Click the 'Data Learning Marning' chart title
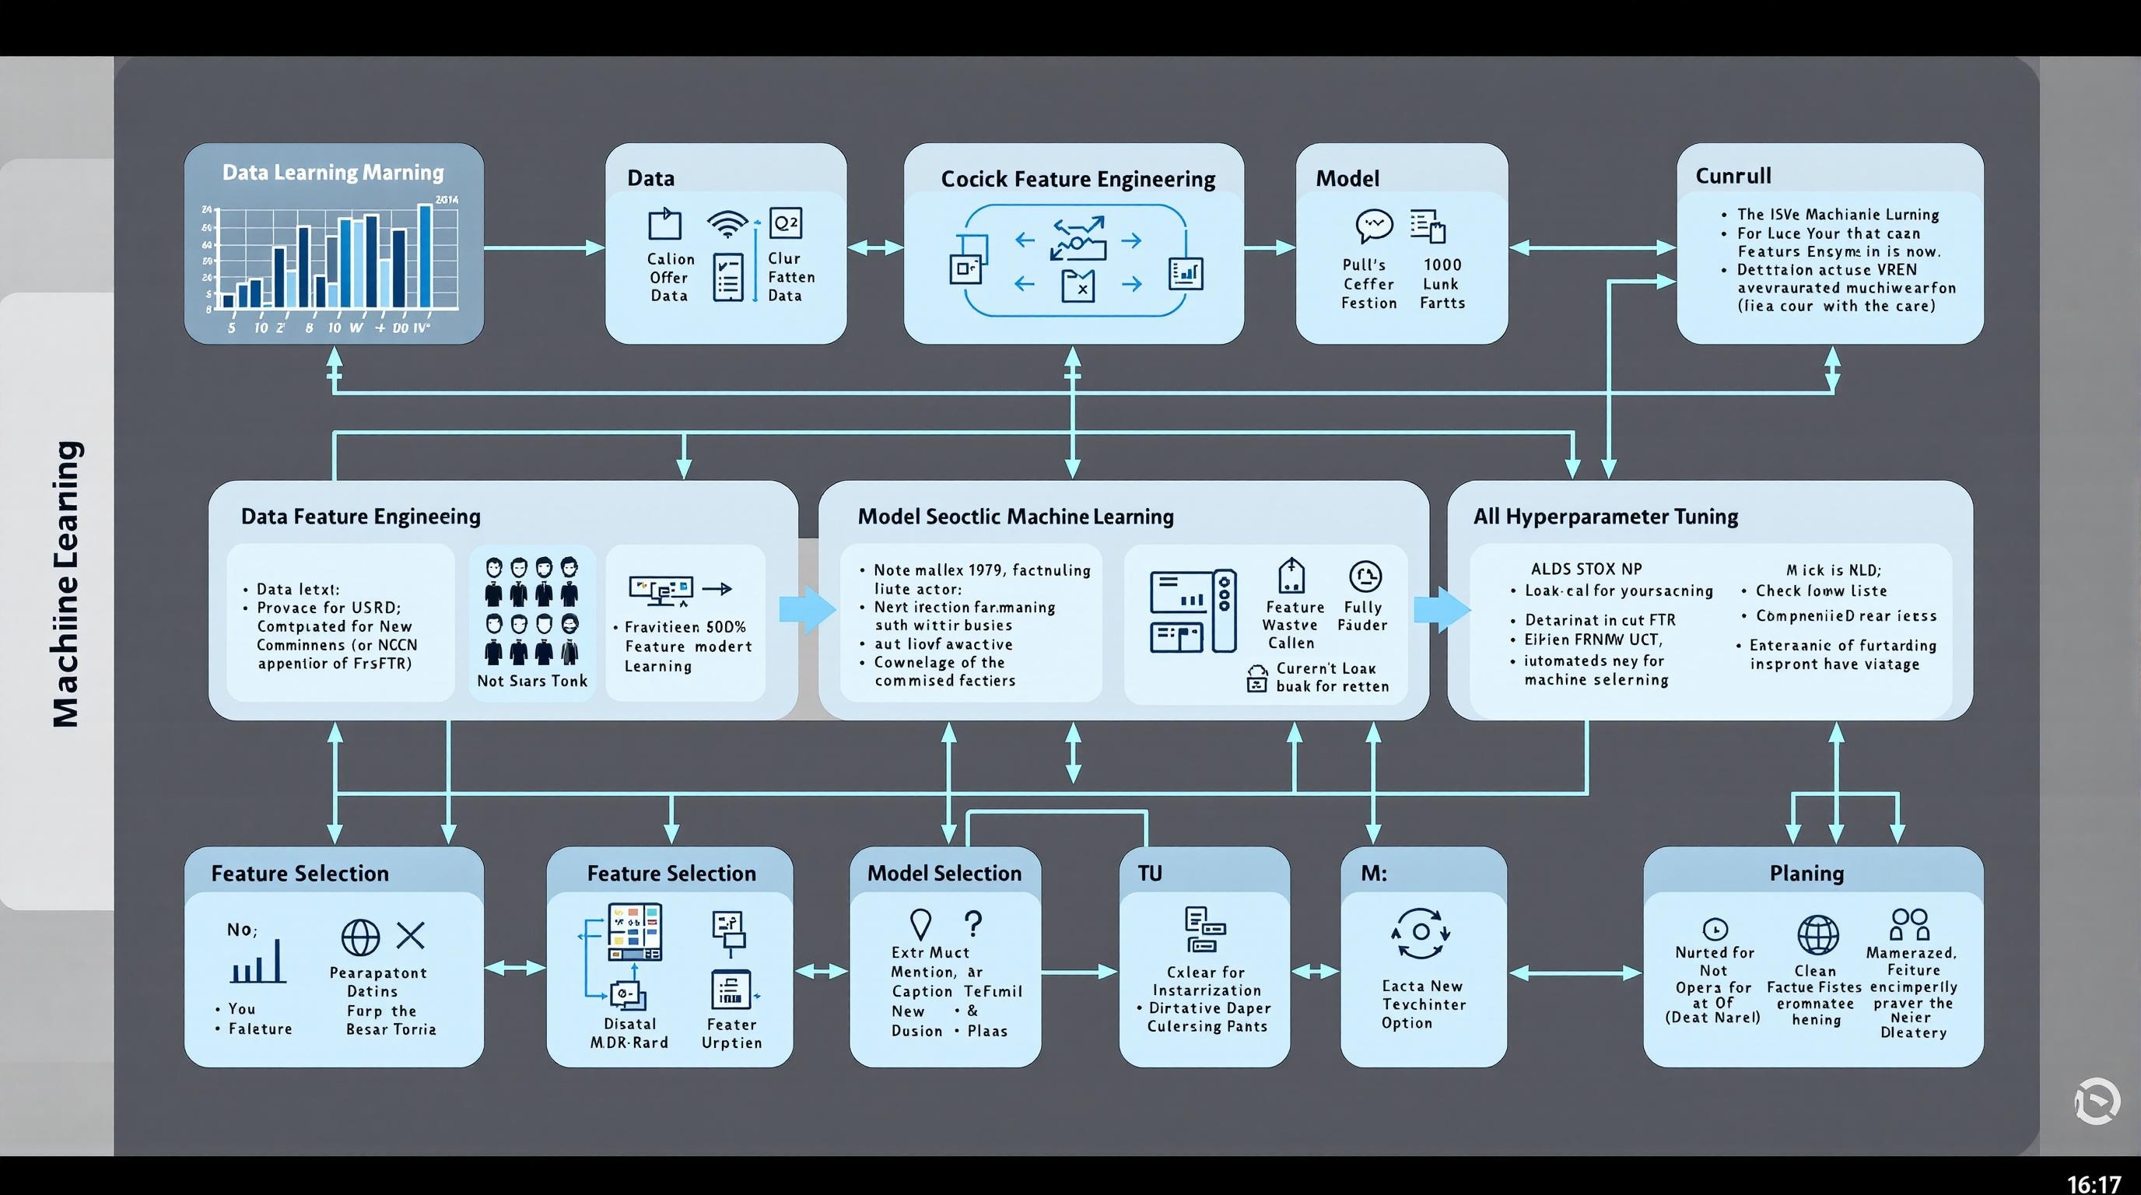click(x=332, y=172)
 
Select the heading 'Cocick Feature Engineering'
click(x=1078, y=179)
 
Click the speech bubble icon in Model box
click(x=1373, y=224)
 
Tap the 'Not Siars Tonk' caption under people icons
click(x=532, y=681)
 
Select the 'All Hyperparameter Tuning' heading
click(x=1605, y=516)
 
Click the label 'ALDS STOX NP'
click(x=1586, y=569)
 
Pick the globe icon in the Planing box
click(x=1817, y=935)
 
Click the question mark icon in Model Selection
click(x=973, y=923)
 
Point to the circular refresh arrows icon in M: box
click(x=1421, y=932)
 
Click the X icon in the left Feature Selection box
click(x=411, y=935)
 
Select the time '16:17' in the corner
click(x=2094, y=1183)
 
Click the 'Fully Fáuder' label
click(x=1362, y=615)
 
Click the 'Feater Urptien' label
click(x=731, y=1033)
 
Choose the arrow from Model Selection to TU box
click(x=1079, y=971)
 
